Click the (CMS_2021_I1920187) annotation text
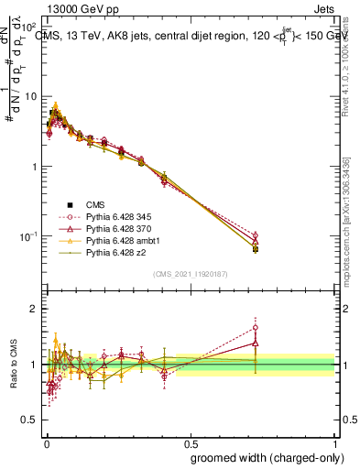(191, 273)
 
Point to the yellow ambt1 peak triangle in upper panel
(56, 105)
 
